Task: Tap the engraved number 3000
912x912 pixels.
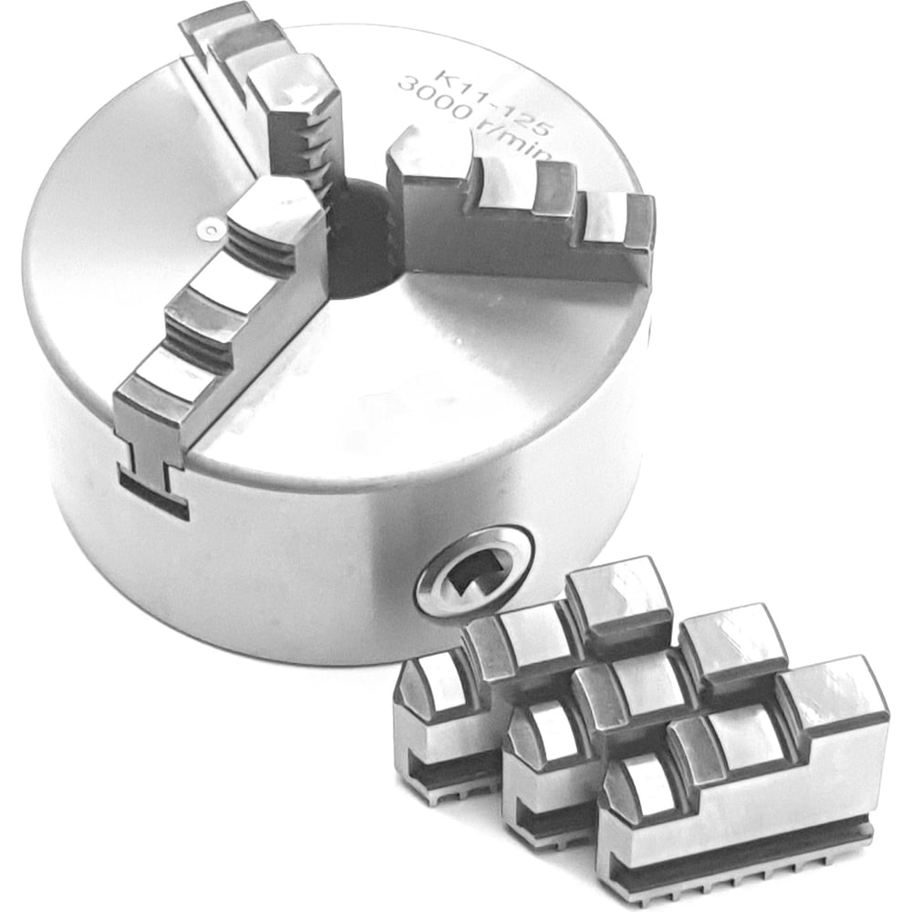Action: click(436, 100)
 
